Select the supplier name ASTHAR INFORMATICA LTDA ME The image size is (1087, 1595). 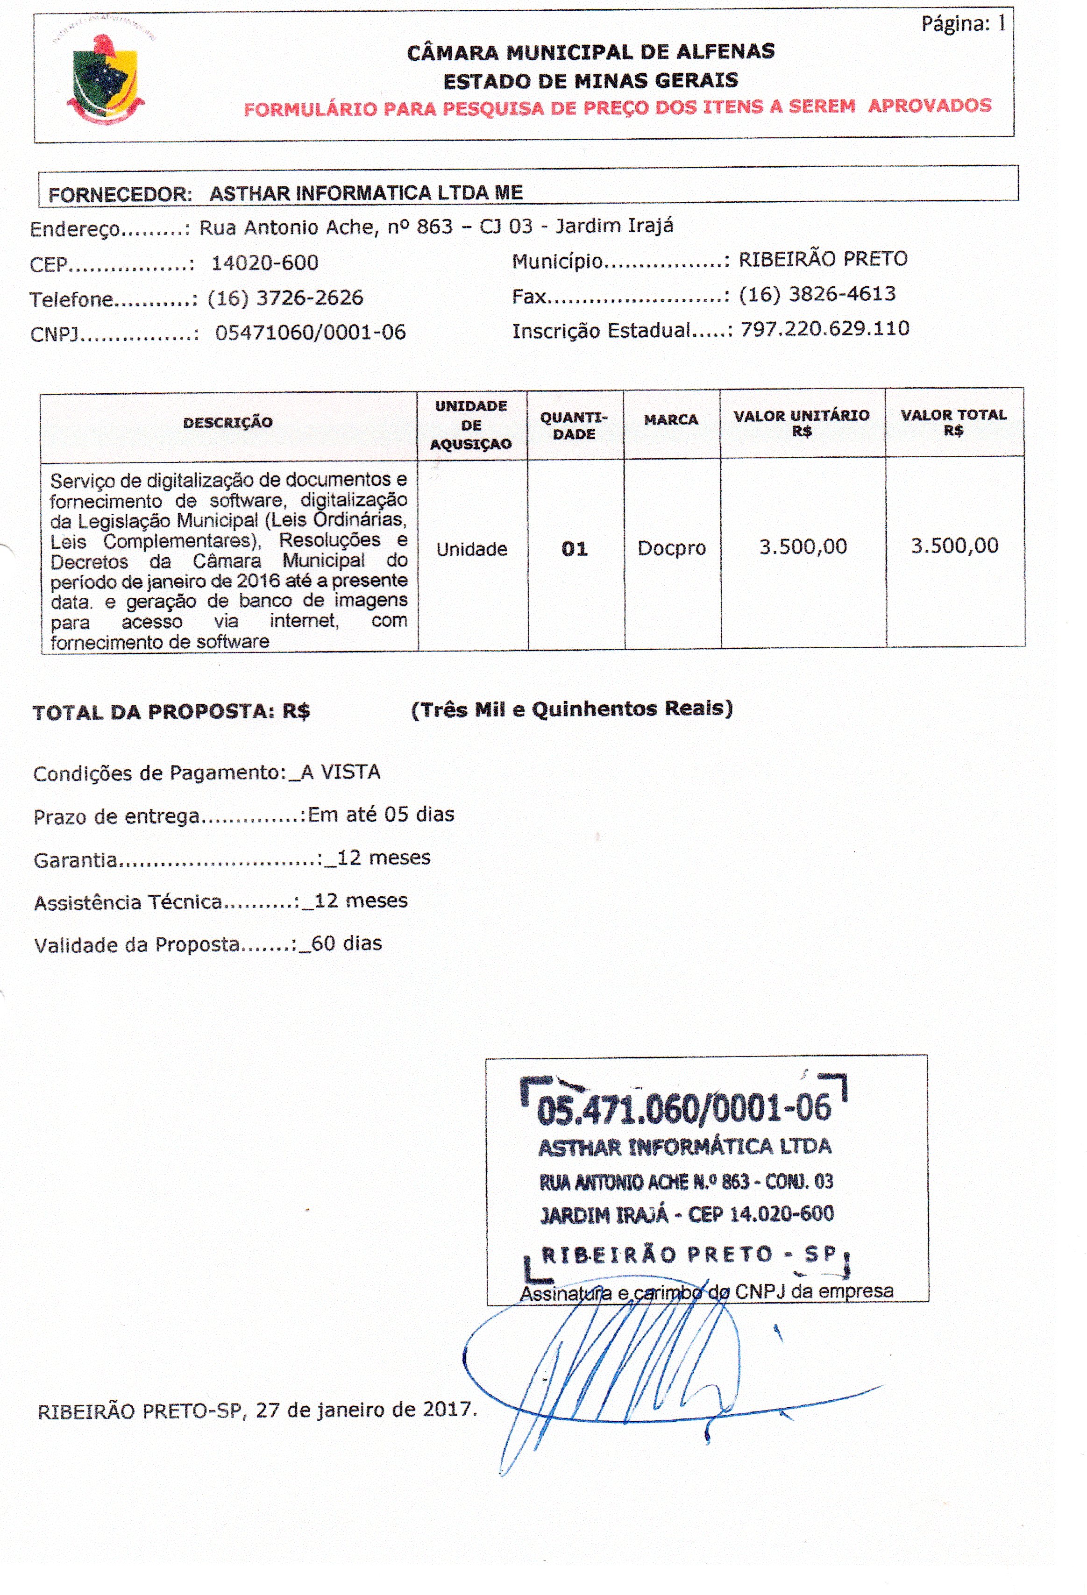pyautogui.click(x=366, y=193)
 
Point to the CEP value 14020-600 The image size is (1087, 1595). pyautogui.click(x=265, y=263)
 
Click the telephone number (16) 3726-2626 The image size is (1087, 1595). pyautogui.click(x=285, y=298)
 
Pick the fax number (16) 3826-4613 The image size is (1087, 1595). pyautogui.click(x=817, y=294)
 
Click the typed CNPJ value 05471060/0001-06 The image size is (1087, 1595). pyautogui.click(x=310, y=333)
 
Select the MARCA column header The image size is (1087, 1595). pyautogui.click(x=670, y=420)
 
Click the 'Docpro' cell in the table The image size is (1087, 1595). pyautogui.click(x=671, y=548)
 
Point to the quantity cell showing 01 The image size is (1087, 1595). pyautogui.click(x=575, y=549)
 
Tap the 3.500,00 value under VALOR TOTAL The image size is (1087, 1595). pyautogui.click(x=954, y=546)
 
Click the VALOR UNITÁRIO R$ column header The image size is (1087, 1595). pyautogui.click(x=802, y=423)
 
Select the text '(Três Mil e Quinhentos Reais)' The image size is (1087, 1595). pyautogui.click(x=572, y=708)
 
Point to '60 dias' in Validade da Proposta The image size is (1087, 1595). pyautogui.click(x=347, y=943)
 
